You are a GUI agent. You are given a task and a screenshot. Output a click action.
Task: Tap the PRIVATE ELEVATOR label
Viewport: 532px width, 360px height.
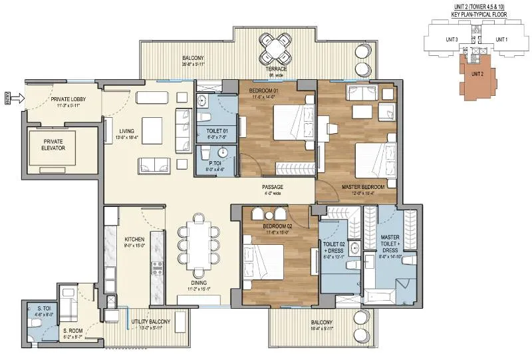(53, 145)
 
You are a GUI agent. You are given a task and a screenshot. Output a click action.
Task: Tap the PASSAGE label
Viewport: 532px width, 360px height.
(272, 188)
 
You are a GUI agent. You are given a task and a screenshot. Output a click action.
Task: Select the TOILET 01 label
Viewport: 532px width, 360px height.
(217, 131)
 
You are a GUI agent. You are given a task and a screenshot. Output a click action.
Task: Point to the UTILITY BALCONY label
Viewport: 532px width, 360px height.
(150, 321)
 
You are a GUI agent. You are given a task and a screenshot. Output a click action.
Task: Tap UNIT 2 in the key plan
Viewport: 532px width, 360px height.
(475, 74)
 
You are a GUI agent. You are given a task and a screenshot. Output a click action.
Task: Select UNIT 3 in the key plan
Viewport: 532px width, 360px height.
(452, 39)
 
